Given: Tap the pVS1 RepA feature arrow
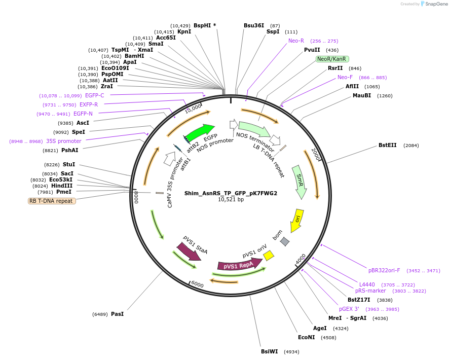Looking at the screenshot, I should [239, 265].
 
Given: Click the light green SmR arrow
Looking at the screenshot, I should [299, 179].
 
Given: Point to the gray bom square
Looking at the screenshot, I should [285, 242].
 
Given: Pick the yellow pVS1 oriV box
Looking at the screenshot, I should [269, 256].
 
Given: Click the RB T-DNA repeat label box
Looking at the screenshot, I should [52, 201].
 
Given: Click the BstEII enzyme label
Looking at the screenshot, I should [388, 146].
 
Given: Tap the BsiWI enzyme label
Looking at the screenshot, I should [270, 351].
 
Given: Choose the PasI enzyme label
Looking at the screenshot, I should [117, 314].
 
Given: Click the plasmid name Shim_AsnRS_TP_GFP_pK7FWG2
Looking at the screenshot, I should [231, 193].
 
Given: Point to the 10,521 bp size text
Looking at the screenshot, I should [231, 200].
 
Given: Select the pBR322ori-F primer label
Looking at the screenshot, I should [384, 270].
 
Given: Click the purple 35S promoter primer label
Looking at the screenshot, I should [64, 141].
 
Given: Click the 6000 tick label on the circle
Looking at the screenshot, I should [197, 285].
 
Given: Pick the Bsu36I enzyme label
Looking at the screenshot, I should [254, 25].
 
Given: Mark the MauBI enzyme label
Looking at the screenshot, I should [362, 95].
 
